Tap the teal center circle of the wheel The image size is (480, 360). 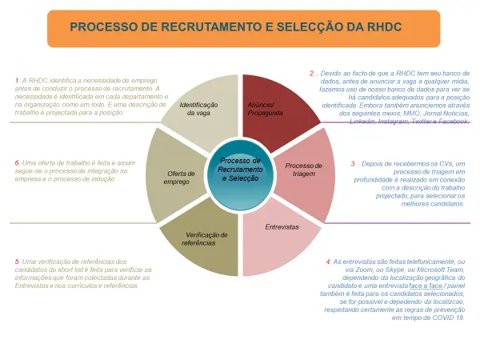(x=240, y=170)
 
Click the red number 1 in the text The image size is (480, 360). (x=17, y=81)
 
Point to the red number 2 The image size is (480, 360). (x=313, y=74)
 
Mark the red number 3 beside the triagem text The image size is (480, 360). (x=354, y=163)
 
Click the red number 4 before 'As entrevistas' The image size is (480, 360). (x=328, y=262)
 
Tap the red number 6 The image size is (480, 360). (x=17, y=163)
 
